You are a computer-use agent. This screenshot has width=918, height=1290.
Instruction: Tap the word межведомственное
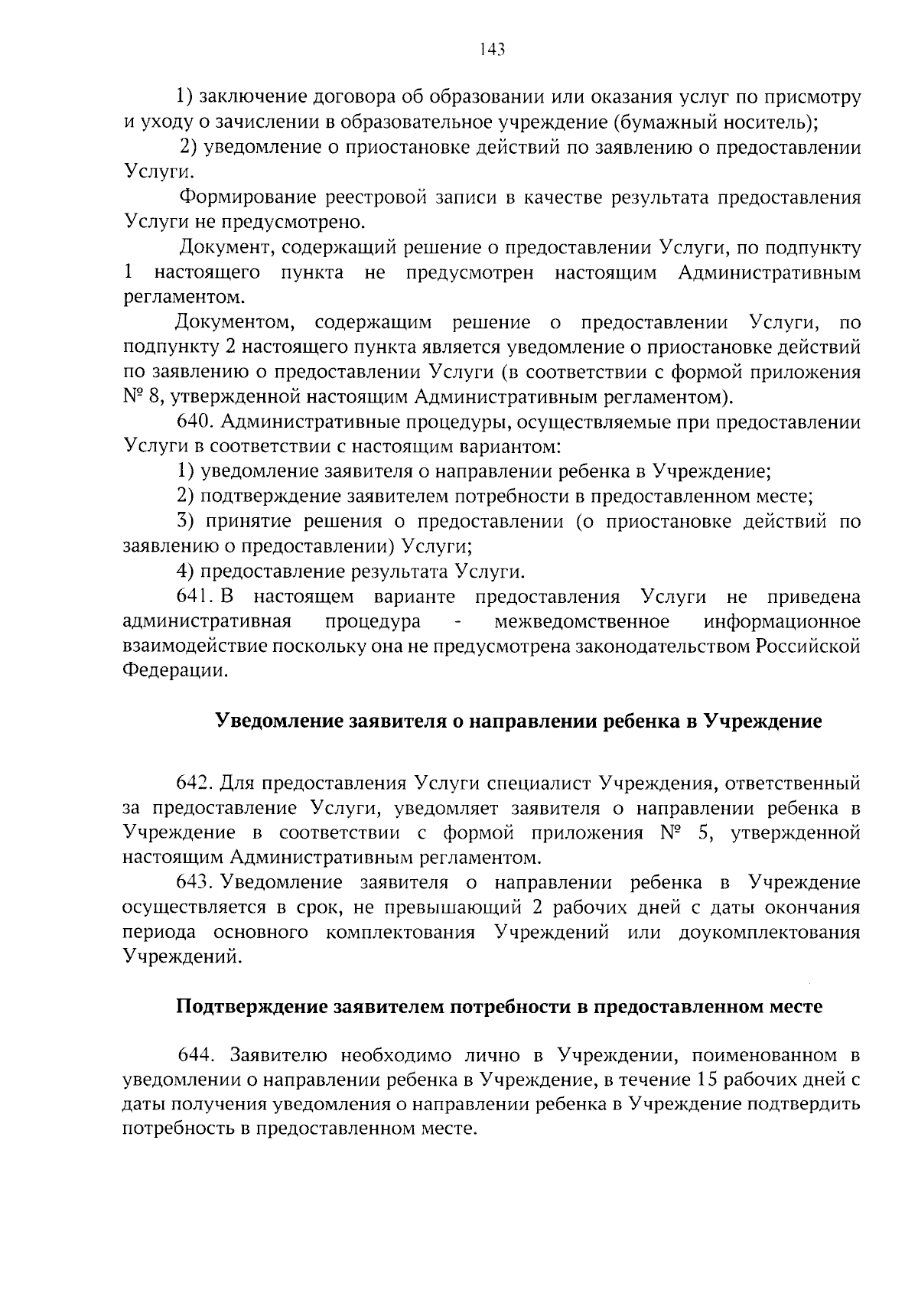[582, 621]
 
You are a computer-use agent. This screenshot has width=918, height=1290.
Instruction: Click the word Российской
[808, 647]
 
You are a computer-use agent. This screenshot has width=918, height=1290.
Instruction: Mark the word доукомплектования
[769, 933]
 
